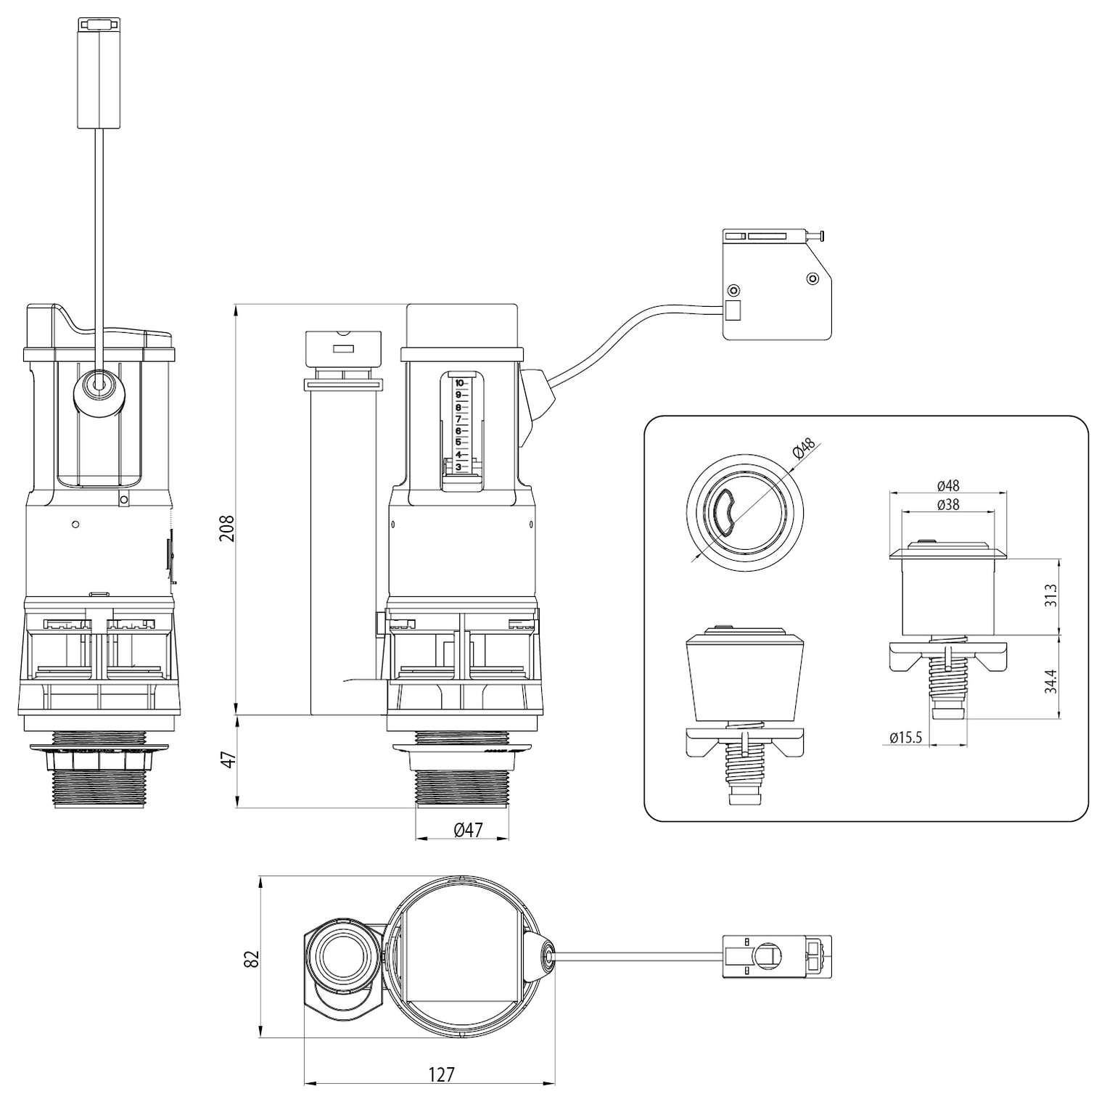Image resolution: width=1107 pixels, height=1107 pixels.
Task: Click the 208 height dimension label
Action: (227, 529)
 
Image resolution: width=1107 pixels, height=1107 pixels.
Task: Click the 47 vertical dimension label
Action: (227, 761)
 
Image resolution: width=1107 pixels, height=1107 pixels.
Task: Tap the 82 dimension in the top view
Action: (252, 958)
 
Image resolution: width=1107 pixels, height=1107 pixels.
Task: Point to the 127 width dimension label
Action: (441, 1074)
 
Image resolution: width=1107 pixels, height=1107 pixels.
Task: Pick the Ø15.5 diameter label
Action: (905, 738)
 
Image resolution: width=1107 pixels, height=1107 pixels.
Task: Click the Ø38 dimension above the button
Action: (947, 505)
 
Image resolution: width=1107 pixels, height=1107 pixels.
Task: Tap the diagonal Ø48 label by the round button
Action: (804, 449)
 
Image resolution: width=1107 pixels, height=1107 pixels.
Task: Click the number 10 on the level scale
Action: (458, 383)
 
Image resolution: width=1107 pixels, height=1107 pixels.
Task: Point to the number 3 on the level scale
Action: (458, 466)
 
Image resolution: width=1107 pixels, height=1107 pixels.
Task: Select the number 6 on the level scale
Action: (458, 431)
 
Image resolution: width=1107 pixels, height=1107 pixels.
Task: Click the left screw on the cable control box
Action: (734, 290)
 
